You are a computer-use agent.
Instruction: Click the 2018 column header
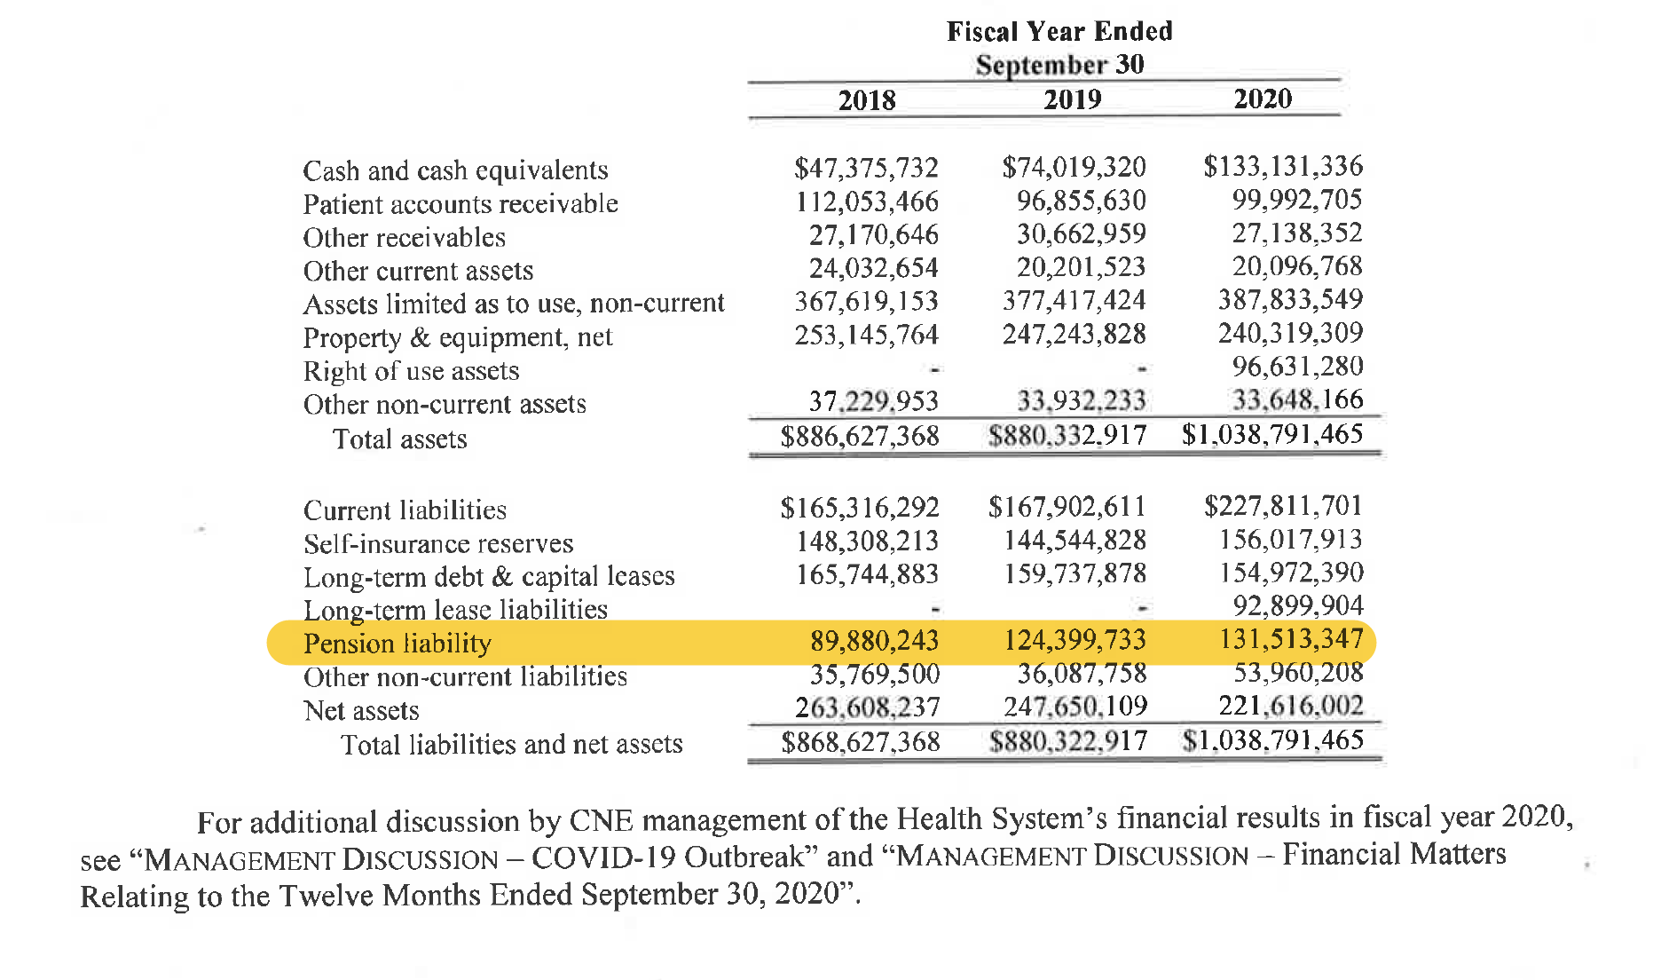point(867,99)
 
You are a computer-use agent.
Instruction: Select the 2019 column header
point(1072,99)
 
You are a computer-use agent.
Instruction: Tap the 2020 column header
point(1263,98)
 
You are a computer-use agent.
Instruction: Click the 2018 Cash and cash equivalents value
point(866,168)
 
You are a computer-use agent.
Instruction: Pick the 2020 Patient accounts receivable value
point(1296,200)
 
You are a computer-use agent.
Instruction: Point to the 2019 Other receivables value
point(1081,233)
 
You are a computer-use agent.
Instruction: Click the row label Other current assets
point(418,271)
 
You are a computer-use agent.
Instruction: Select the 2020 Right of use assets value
point(1296,366)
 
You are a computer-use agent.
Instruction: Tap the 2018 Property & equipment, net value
point(866,335)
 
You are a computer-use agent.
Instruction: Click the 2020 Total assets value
point(1272,434)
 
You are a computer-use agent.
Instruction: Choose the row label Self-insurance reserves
point(438,543)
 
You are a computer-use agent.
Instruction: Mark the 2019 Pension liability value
point(1075,640)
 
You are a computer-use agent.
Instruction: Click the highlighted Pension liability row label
point(397,643)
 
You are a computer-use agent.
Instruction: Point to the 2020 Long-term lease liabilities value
point(1297,605)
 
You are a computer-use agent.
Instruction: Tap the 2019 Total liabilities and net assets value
point(1068,740)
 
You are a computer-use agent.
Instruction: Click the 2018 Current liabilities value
point(859,507)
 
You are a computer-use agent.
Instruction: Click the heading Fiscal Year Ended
point(1059,32)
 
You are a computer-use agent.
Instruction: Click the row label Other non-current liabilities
point(465,676)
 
